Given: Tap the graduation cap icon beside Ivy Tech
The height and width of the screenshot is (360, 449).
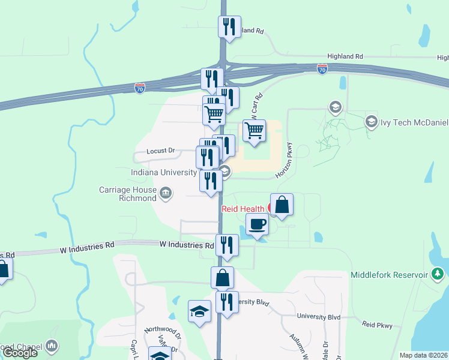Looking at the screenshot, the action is [372, 122].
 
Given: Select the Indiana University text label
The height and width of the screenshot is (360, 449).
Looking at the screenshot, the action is [164, 173].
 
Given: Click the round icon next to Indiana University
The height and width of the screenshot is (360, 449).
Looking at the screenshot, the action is [224, 172].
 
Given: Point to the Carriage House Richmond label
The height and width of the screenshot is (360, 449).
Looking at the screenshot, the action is [128, 194].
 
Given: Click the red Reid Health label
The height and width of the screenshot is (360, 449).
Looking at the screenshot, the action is [244, 209].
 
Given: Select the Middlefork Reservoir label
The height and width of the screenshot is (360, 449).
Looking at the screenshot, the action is [390, 275].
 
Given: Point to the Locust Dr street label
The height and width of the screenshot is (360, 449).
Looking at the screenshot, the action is [160, 152].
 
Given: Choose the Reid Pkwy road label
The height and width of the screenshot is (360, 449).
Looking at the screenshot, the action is [377, 325].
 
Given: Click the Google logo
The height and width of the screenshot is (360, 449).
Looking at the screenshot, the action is [19, 353].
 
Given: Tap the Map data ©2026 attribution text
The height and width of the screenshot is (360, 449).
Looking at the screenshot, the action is [424, 355].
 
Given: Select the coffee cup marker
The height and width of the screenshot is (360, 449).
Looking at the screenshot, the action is [257, 225].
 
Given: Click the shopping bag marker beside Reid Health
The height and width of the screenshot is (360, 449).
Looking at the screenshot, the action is [282, 205].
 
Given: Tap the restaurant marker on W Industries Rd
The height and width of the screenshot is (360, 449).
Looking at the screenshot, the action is [226, 245].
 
